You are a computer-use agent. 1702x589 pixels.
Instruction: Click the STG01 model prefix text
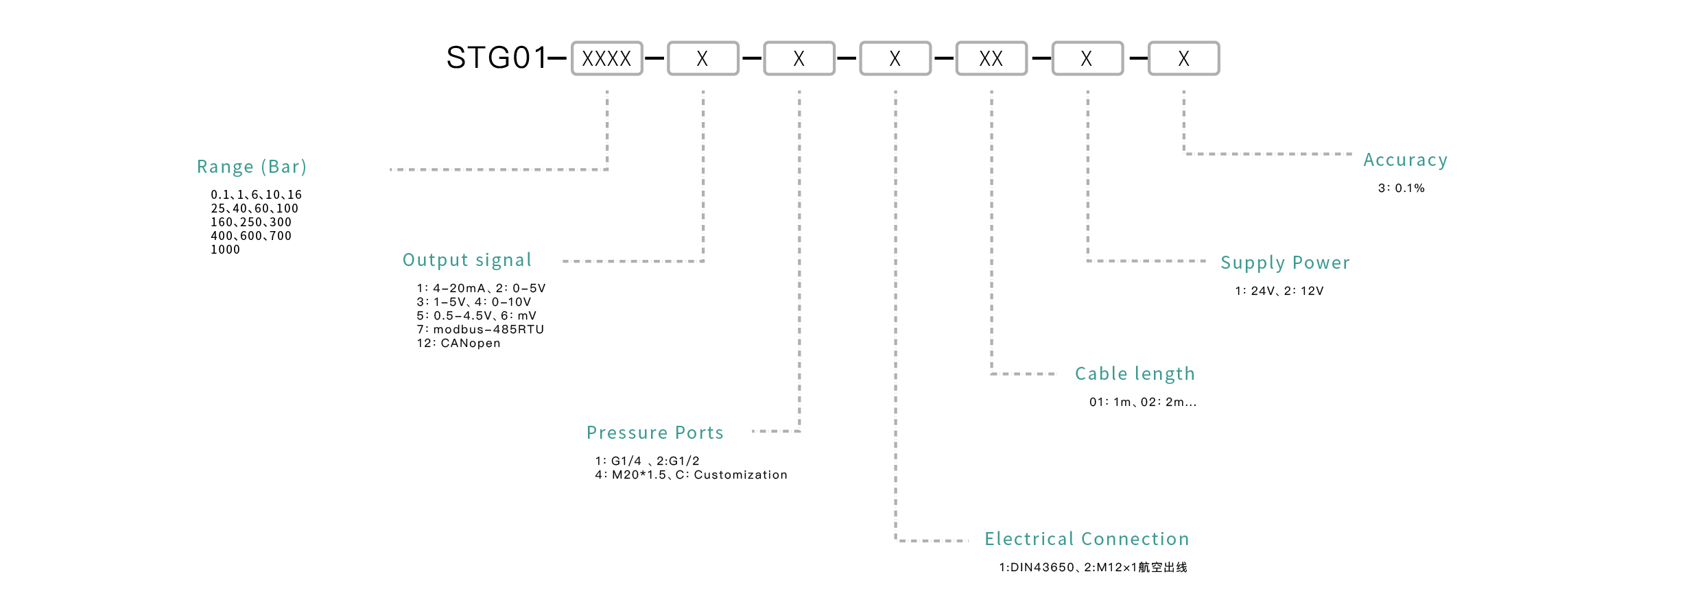click(x=497, y=58)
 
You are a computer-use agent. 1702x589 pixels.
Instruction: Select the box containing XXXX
click(x=606, y=58)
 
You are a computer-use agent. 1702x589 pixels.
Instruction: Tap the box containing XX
click(x=991, y=58)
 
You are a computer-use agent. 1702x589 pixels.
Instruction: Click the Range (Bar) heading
click(x=252, y=167)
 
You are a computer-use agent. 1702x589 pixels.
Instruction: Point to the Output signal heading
click(x=467, y=260)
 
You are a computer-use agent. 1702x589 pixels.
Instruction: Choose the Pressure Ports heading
click(x=655, y=433)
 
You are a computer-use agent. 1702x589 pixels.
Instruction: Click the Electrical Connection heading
click(x=1087, y=539)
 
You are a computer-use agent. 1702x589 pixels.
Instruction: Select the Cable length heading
click(x=1135, y=374)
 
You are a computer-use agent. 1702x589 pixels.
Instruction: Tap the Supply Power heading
click(x=1285, y=263)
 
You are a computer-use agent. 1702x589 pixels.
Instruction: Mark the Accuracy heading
click(x=1406, y=160)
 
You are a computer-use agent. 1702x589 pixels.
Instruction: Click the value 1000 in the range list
click(x=226, y=250)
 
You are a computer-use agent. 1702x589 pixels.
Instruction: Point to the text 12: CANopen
click(x=459, y=343)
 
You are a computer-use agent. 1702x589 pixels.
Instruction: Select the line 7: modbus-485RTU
click(x=480, y=329)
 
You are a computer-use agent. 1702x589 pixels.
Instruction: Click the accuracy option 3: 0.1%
click(x=1402, y=188)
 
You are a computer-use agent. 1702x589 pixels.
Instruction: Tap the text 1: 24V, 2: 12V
click(x=1279, y=291)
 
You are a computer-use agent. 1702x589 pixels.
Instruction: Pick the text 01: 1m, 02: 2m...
click(x=1142, y=402)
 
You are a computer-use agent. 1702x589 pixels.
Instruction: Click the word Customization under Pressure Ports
click(x=741, y=474)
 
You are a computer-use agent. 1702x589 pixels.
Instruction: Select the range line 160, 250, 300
click(x=251, y=222)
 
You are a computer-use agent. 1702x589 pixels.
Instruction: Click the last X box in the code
click(x=1184, y=58)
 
